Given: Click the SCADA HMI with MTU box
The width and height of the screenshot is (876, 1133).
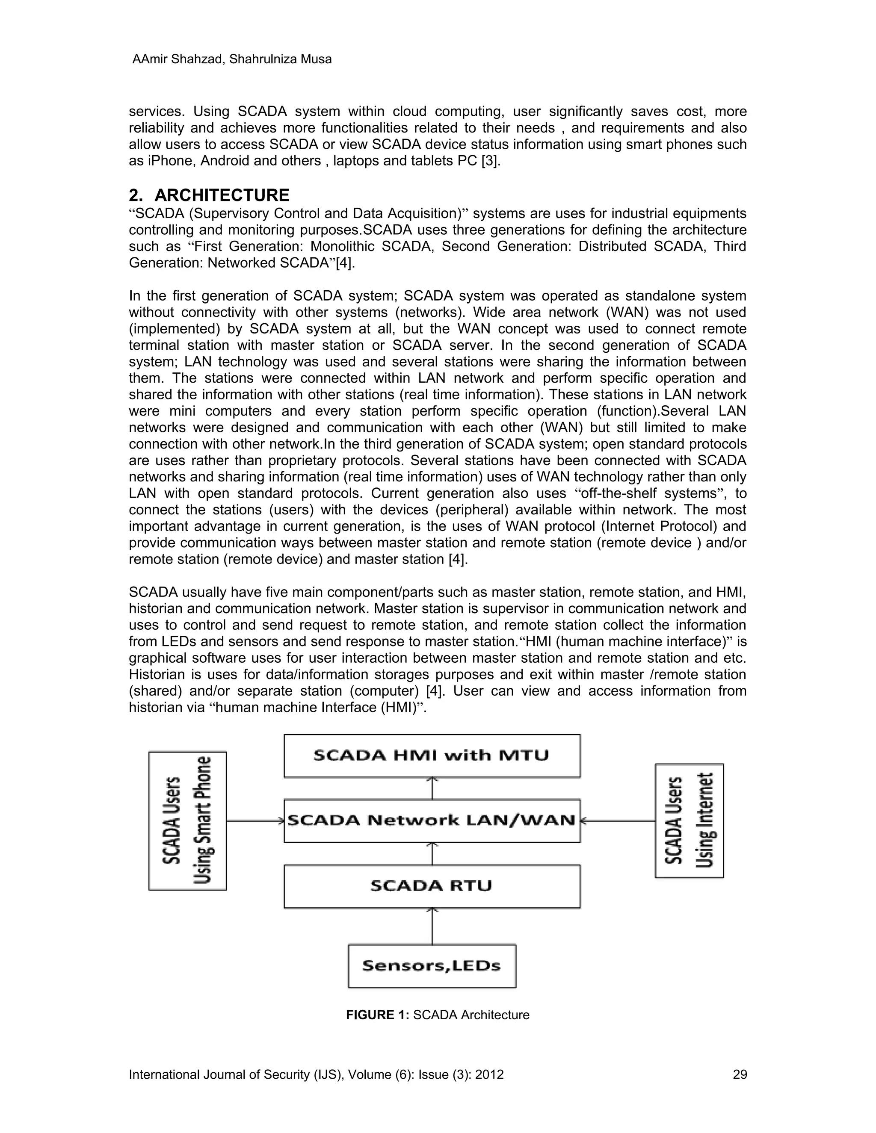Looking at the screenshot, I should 432,755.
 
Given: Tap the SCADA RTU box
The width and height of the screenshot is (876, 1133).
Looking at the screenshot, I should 432,885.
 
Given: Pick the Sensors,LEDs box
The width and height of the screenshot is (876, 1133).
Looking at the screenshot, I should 432,965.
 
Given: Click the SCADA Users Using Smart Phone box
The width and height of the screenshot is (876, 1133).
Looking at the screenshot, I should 187,821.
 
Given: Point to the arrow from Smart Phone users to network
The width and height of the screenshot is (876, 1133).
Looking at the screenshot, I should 255,821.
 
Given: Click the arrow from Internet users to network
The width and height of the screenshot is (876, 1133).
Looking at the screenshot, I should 618,821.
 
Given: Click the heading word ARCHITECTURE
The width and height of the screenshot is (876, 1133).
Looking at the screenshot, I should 222,195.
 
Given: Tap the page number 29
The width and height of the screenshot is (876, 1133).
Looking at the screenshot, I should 740,1074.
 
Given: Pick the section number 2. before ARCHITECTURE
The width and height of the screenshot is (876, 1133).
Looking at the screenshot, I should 136,195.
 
